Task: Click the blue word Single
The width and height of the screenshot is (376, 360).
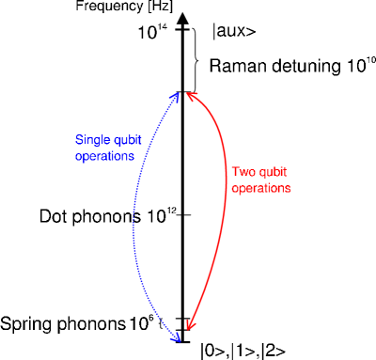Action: pyautogui.click(x=91, y=140)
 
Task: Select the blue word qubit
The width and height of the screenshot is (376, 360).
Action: pyautogui.click(x=125, y=140)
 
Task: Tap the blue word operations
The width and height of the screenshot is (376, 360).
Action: pyautogui.click(x=104, y=156)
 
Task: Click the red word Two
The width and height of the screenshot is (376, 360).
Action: pyautogui.click(x=243, y=172)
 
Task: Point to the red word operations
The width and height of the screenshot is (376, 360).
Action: pyautogui.click(x=260, y=188)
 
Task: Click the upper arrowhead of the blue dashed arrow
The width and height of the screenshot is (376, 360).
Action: pyautogui.click(x=176, y=95)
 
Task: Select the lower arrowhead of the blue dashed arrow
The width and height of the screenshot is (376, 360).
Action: pyautogui.click(x=176, y=337)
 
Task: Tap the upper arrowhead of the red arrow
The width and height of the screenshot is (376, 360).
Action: pyautogui.click(x=191, y=95)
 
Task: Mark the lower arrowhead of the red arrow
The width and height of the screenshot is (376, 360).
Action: pyautogui.click(x=190, y=325)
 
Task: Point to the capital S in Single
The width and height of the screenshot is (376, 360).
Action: pyautogui.click(x=79, y=140)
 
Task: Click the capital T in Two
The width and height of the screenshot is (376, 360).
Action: pyautogui.click(x=235, y=172)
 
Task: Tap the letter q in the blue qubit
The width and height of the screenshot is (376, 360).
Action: pyautogui.click(x=115, y=141)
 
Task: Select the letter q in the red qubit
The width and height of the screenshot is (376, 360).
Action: pyautogui.click(x=260, y=173)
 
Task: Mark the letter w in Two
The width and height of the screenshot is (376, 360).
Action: pyautogui.click(x=243, y=172)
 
